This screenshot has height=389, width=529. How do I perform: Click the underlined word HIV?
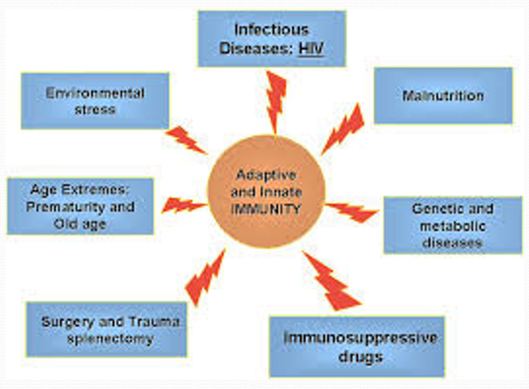pyautogui.click(x=311, y=48)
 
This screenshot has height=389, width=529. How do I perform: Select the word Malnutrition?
pyautogui.click(x=443, y=96)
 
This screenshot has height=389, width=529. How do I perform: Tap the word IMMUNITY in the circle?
pyautogui.click(x=266, y=209)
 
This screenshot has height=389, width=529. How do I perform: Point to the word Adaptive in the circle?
pyautogui.click(x=266, y=175)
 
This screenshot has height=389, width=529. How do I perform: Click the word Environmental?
pyautogui.click(x=95, y=93)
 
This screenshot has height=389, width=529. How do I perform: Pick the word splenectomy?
pyautogui.click(x=110, y=339)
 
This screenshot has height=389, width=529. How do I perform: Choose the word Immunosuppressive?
pyautogui.click(x=360, y=338)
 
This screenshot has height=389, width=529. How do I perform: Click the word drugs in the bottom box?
pyautogui.click(x=360, y=357)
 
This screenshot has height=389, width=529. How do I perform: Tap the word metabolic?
pyautogui.click(x=452, y=226)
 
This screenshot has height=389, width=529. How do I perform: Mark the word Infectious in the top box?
pyautogui.click(x=271, y=30)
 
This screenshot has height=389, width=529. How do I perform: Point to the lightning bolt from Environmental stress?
pyautogui.click(x=185, y=140)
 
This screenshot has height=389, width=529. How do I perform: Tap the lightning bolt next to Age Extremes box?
pyautogui.click(x=182, y=205)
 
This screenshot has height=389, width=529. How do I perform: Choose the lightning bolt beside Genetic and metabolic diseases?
pyautogui.click(x=352, y=212)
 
